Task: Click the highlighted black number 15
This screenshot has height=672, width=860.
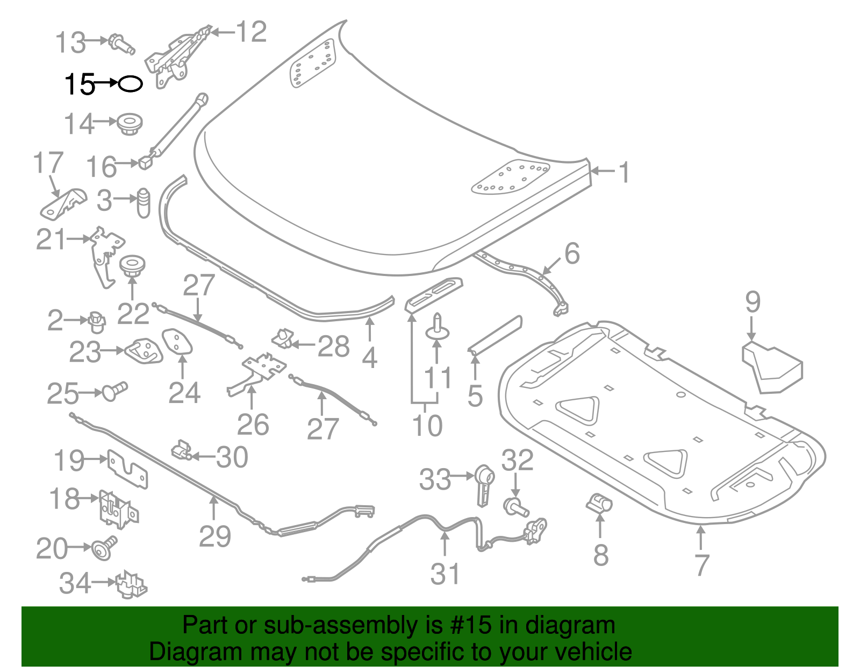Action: [x=79, y=84]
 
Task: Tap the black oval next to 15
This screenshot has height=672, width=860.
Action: [x=130, y=84]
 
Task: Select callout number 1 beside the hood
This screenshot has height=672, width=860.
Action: [x=623, y=172]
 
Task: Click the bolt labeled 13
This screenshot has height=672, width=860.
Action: [x=121, y=44]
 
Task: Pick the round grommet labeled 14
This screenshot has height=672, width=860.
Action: [x=130, y=124]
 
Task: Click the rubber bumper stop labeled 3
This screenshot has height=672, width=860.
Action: [x=144, y=202]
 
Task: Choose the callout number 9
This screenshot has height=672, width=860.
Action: [x=752, y=302]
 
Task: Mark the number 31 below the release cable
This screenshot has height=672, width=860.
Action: [x=445, y=574]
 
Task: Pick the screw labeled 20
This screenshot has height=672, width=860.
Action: [x=103, y=548]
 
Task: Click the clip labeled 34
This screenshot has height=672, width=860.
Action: [x=131, y=584]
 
